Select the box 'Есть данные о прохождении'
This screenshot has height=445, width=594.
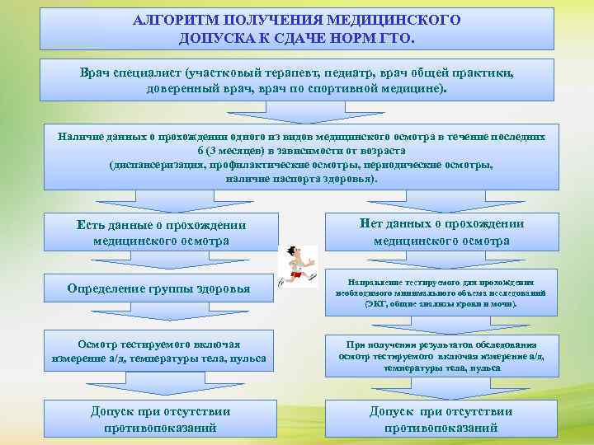coord(161,233)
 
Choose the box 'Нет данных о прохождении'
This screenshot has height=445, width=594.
coord(441,232)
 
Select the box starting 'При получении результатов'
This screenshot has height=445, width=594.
coord(441,355)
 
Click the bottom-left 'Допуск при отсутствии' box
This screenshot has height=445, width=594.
coord(160,419)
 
